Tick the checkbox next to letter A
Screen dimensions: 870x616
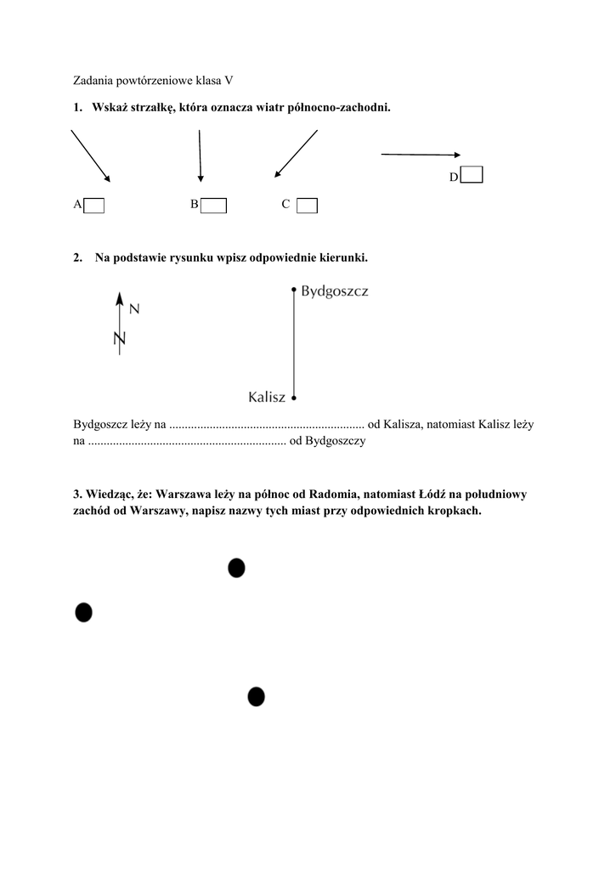(94, 205)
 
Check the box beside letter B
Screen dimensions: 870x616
(213, 205)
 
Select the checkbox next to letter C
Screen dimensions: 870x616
(308, 205)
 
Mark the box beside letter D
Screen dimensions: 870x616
(472, 175)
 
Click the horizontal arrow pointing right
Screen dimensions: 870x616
(421, 155)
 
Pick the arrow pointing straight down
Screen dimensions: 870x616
(200, 156)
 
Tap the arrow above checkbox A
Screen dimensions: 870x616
(90, 155)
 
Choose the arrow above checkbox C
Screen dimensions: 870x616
(296, 155)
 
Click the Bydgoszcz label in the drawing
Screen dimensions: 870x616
(335, 291)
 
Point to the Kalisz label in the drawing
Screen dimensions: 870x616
(267, 397)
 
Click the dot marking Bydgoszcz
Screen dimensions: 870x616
(293, 290)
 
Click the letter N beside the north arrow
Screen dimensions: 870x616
(134, 310)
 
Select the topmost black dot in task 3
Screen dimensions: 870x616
(236, 568)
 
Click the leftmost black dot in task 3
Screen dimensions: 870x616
(83, 612)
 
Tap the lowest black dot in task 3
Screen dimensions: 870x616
(256, 697)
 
